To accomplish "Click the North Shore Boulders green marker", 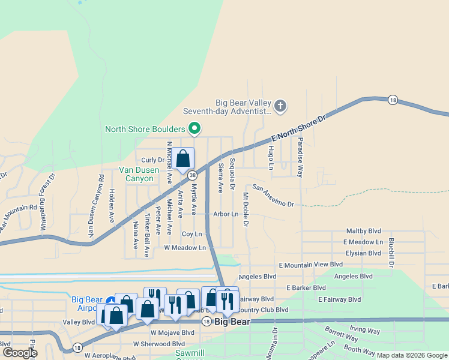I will pyautogui.click(x=194, y=128).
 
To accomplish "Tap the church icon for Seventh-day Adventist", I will pyautogui.click(x=280, y=107).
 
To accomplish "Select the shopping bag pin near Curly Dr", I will pyautogui.click(x=184, y=160).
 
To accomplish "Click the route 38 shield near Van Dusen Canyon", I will pyautogui.click(x=192, y=175).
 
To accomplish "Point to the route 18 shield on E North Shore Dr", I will pyautogui.click(x=393, y=100).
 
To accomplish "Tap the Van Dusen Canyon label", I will pyautogui.click(x=139, y=174).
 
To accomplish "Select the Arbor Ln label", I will pyautogui.click(x=226, y=214).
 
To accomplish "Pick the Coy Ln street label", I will pyautogui.click(x=191, y=233).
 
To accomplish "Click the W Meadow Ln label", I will pyautogui.click(x=185, y=247).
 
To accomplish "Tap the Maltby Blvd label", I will pyautogui.click(x=364, y=231).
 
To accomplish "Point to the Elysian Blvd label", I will pyautogui.click(x=364, y=253).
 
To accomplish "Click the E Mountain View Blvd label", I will pyautogui.click(x=310, y=264).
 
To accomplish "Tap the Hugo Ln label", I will pyautogui.click(x=271, y=156).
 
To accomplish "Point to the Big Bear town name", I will pyautogui.click(x=232, y=322).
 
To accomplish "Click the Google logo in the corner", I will pyautogui.click(x=20, y=352).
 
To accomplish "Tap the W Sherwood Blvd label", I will pyautogui.click(x=159, y=344).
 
